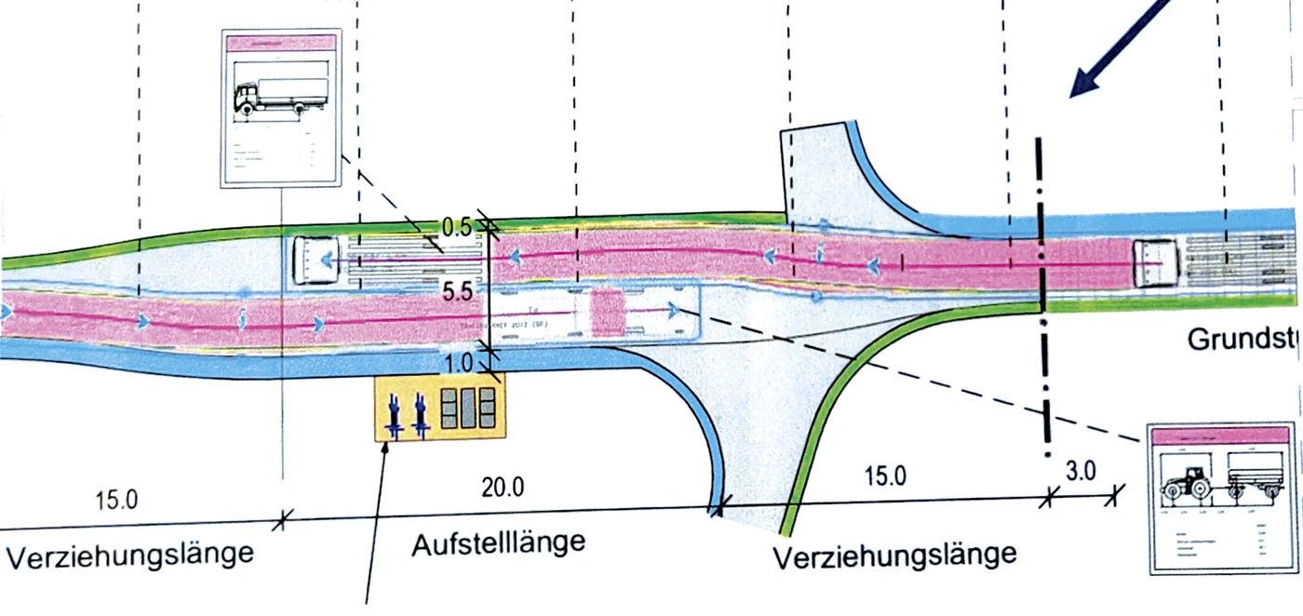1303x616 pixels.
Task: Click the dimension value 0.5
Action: coord(457,226)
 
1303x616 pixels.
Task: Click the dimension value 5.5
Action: coord(458,291)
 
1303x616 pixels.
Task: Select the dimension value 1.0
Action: coord(458,360)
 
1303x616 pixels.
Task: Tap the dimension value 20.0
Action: coord(503,487)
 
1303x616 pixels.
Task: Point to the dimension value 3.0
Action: coord(1081,470)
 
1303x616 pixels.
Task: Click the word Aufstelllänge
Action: coord(499,542)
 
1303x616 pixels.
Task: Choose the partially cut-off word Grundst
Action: coord(1243,341)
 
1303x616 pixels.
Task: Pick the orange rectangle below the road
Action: coord(439,408)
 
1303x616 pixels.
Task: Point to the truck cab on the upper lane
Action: coord(313,260)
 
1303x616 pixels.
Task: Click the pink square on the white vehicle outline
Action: coord(610,311)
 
